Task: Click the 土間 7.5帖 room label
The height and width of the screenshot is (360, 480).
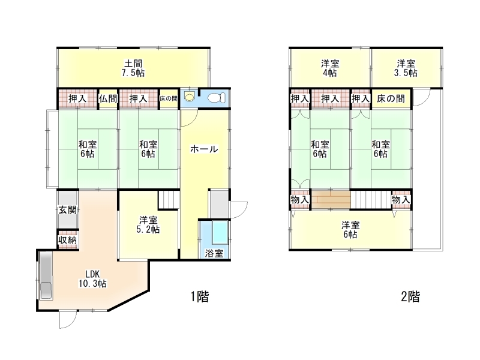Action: pos(134,68)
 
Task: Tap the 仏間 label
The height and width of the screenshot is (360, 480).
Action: pos(108,98)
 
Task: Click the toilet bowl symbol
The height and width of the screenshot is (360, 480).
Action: pos(217,98)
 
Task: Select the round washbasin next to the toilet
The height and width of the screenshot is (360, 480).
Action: pos(190,97)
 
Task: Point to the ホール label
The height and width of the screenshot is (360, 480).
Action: pos(204,149)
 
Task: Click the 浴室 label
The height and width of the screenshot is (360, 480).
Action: pos(214,253)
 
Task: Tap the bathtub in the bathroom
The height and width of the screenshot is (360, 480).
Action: pos(220,232)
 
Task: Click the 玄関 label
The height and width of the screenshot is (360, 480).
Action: pos(67,210)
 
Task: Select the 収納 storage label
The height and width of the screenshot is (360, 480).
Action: pos(67,240)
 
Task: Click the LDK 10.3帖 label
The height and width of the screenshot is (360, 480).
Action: pos(92,279)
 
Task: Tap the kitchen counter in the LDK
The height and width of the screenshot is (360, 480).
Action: pos(46,275)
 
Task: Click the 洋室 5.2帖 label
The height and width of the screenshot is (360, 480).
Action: pos(148,224)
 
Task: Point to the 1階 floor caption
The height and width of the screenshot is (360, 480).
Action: pos(200,296)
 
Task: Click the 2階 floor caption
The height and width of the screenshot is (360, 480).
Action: pos(410,296)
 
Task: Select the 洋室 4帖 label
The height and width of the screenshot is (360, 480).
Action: pos(330,68)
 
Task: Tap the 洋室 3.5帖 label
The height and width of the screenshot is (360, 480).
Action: pos(406,68)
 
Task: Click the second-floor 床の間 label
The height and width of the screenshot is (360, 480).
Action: pos(391,98)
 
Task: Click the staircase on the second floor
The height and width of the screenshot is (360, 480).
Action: pos(371,200)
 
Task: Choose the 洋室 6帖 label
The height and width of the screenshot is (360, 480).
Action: pos(350,230)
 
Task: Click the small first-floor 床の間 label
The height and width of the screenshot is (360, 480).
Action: pos(169,98)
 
